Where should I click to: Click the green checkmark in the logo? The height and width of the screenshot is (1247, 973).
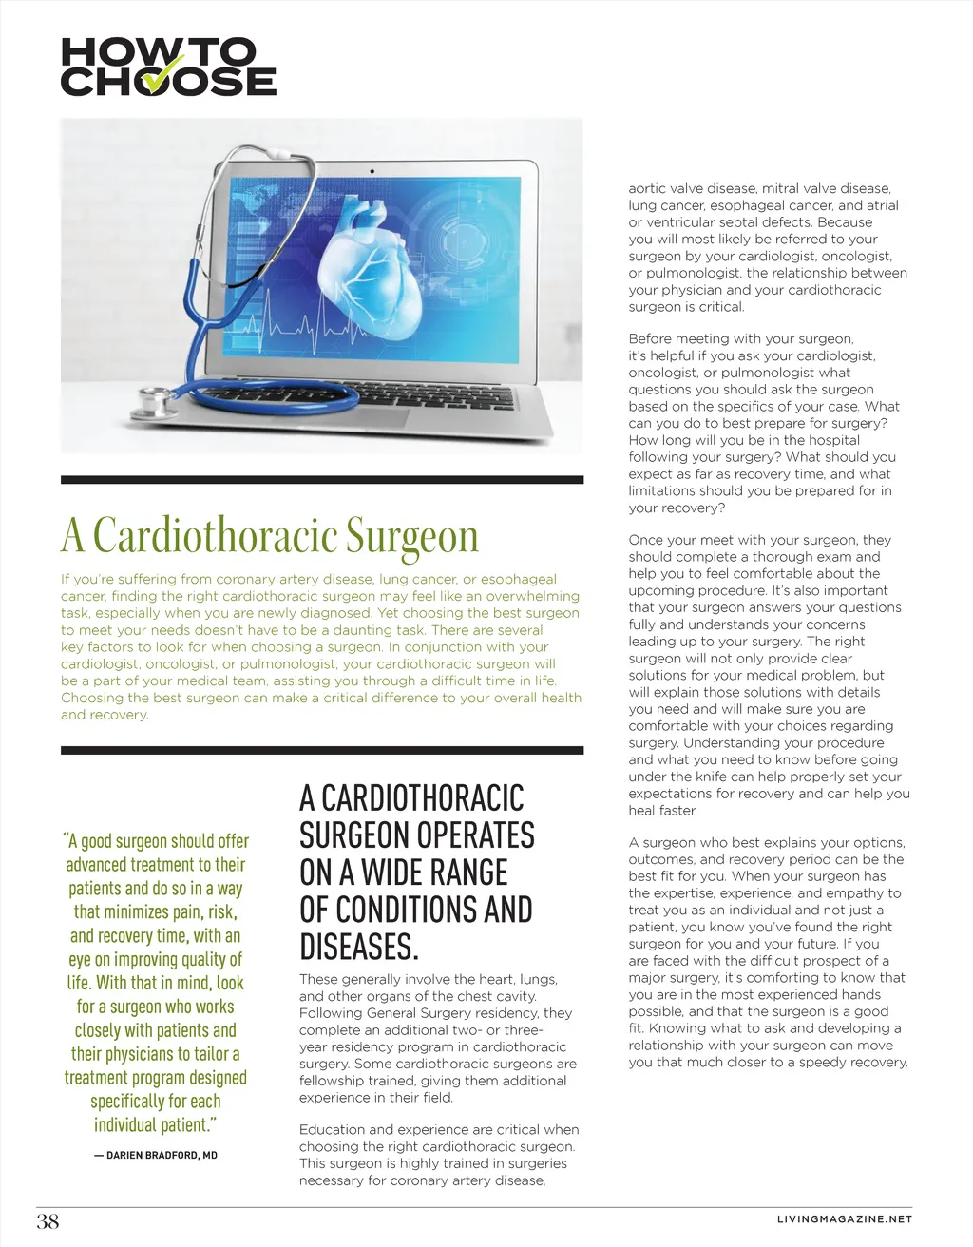[x=162, y=76]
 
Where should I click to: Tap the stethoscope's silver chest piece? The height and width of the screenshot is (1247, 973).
[x=150, y=401]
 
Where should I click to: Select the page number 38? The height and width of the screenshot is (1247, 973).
[x=48, y=1221]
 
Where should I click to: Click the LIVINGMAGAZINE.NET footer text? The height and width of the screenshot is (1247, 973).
[x=844, y=1219]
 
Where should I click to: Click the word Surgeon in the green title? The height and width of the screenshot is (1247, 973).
[x=411, y=536]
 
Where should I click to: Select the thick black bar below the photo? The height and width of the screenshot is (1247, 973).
[x=322, y=480]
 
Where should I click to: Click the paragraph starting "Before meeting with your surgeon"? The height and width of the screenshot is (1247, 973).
[x=760, y=423]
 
